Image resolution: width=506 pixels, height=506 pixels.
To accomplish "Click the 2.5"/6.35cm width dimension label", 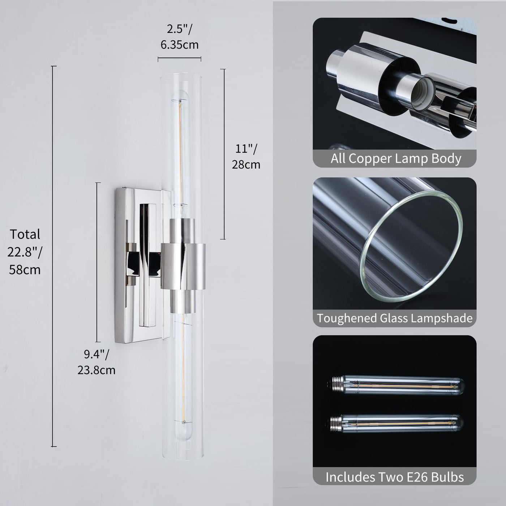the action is [179, 37].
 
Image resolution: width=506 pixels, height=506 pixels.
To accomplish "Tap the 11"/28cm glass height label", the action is [246, 156].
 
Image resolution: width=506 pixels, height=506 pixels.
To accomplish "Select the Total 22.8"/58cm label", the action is [25, 252].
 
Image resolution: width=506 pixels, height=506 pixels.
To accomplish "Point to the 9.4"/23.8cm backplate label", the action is [97, 363].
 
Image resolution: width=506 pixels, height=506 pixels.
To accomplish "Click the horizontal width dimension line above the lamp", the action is [179, 58].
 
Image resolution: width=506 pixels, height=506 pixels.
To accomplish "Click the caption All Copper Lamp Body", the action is [396, 159].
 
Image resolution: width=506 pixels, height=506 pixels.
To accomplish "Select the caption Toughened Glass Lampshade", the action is [395, 318].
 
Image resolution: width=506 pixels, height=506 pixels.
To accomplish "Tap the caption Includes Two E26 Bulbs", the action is [395, 477].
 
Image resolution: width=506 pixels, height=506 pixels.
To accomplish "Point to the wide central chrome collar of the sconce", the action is [183, 266].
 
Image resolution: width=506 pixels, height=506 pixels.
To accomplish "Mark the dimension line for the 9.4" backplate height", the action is [98, 262].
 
